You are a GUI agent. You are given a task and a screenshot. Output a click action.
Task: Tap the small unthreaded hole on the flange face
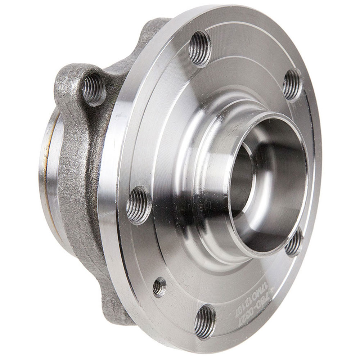[x=159, y=287]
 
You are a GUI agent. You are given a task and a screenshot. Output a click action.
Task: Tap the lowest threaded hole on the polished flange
[x=205, y=321]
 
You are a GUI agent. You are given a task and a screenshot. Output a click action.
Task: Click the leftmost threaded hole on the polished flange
[x=138, y=205]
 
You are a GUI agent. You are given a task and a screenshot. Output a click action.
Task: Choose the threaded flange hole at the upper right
[x=292, y=84]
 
